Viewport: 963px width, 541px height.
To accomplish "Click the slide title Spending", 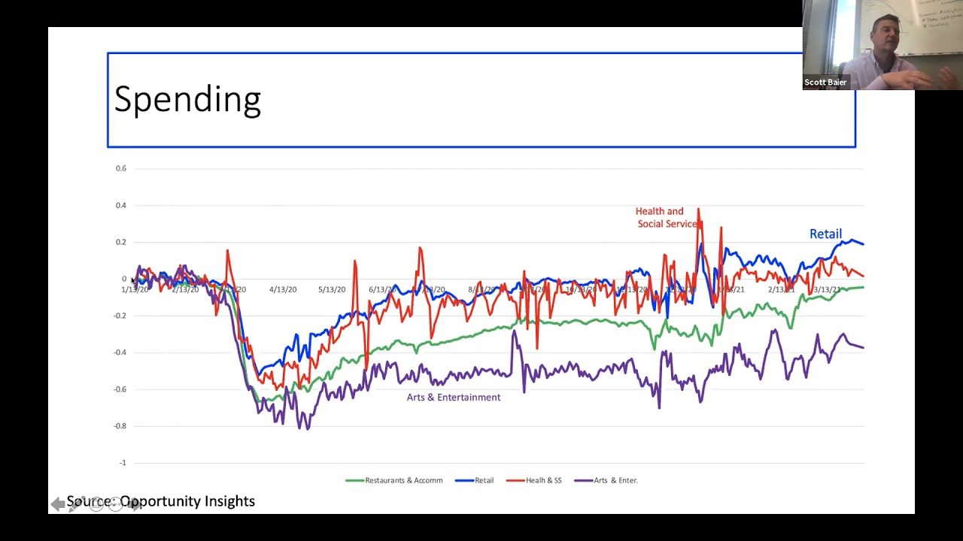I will [x=187, y=100].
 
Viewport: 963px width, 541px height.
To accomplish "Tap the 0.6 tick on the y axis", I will [x=121, y=168].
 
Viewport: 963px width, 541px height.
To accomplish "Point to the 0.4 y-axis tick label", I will [x=121, y=205].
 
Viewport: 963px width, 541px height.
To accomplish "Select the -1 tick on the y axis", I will [x=123, y=463].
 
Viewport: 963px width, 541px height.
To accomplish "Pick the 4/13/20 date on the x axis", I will [x=283, y=289].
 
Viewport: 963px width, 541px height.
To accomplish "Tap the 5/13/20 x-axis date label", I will [x=332, y=289].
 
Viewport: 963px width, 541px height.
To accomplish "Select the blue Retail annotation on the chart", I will [x=825, y=234].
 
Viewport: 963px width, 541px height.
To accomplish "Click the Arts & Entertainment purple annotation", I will [x=453, y=397].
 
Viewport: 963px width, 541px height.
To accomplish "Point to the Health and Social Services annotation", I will [x=666, y=218].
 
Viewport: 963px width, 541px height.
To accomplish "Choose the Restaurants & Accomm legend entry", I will [x=394, y=480].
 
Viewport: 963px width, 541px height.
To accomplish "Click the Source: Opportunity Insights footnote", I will [x=161, y=501].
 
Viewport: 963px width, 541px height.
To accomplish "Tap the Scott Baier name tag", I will [x=825, y=83].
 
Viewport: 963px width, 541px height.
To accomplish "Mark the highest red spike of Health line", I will [x=698, y=210].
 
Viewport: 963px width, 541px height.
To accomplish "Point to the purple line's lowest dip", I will [x=306, y=428].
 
